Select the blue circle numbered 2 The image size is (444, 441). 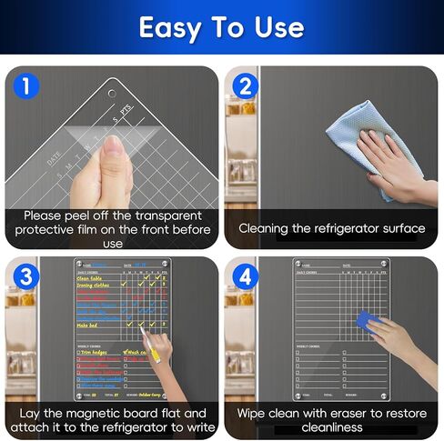click(x=245, y=86)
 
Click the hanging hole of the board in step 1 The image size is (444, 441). click(x=112, y=94)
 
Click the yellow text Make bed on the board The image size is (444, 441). click(x=87, y=325)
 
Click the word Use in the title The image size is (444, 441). click(x=277, y=27)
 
